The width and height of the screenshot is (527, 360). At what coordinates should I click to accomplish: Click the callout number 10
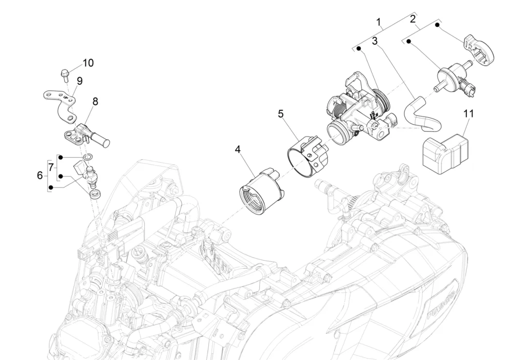(x=88, y=63)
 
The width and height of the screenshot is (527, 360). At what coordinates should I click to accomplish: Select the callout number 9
(x=79, y=81)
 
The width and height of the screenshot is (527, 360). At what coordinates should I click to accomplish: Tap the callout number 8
(x=95, y=101)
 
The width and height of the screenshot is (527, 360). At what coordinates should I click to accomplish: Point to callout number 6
(x=40, y=175)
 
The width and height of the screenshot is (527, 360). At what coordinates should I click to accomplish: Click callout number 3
(x=375, y=42)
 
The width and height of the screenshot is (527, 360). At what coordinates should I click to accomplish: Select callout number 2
(x=412, y=19)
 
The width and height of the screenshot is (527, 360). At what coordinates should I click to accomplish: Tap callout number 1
(x=379, y=22)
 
